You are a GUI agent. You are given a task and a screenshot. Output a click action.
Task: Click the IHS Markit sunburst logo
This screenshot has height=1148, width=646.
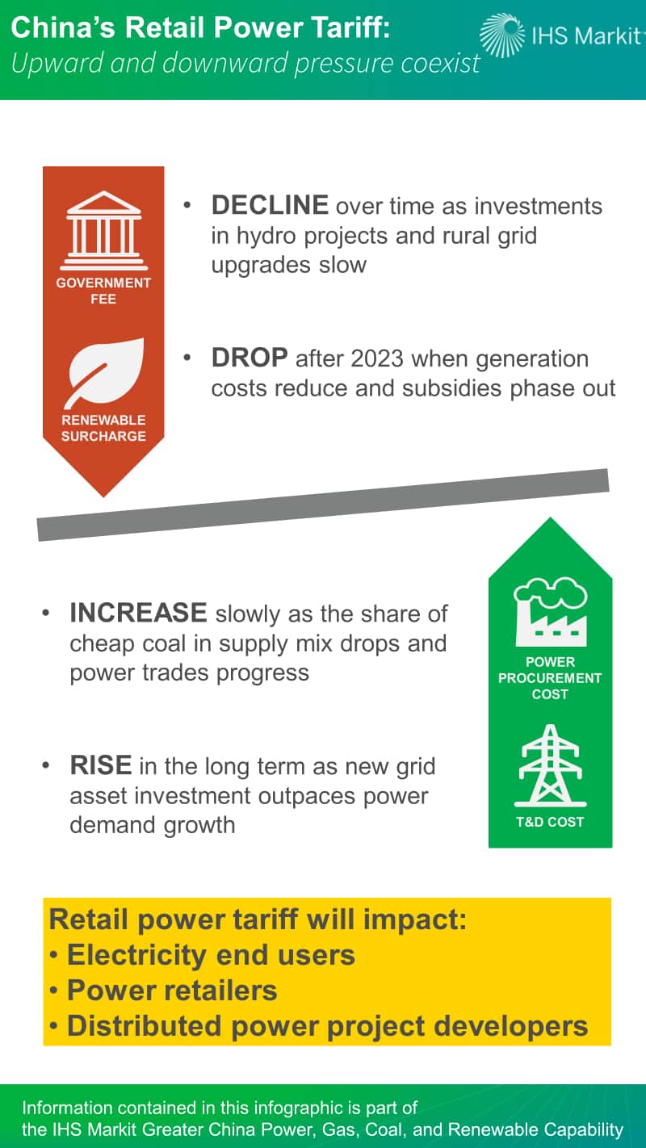[502, 35]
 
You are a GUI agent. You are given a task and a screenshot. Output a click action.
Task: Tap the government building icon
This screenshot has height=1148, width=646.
[103, 230]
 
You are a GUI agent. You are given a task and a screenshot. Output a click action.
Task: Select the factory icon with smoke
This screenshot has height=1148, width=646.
[551, 611]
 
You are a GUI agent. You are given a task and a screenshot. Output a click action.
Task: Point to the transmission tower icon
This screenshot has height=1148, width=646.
[550, 765]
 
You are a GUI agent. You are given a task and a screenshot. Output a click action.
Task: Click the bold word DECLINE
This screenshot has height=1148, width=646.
[270, 205]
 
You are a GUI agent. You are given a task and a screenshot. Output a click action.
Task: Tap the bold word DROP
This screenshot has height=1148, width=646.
[250, 358]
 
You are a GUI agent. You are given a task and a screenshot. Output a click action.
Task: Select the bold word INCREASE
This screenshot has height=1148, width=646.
[138, 613]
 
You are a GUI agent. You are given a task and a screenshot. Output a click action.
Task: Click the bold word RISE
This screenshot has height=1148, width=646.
[100, 765]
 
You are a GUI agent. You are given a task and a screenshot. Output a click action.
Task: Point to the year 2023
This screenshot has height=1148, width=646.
[377, 358]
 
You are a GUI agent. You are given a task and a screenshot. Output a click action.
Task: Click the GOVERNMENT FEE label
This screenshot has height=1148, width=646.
[103, 291]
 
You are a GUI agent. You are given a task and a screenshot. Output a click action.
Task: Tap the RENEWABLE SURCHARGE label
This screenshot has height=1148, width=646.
[103, 428]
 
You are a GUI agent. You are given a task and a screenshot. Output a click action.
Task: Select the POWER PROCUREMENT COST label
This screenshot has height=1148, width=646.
[550, 677]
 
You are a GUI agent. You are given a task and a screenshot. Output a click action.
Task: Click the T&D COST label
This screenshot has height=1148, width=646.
[550, 822]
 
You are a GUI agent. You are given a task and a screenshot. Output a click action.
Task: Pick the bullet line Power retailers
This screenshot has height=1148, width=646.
[164, 990]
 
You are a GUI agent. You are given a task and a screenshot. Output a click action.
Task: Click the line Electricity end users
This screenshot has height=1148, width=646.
[202, 954]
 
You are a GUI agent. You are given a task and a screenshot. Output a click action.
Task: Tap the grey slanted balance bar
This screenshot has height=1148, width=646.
[323, 505]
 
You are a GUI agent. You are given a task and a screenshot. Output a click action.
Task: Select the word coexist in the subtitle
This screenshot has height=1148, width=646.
[440, 63]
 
